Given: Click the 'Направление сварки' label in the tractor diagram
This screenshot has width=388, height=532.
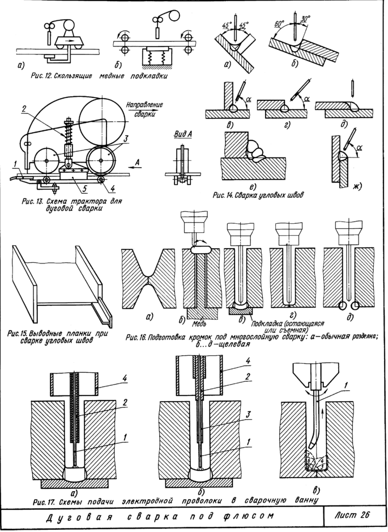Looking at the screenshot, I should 145,109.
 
